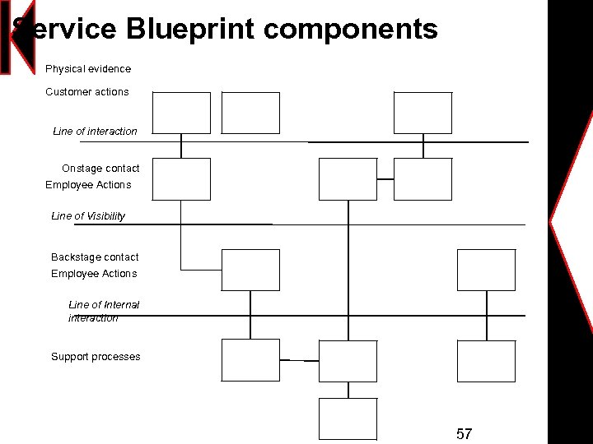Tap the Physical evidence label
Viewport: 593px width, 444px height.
pyautogui.click(x=88, y=69)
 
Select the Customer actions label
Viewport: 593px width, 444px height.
pyautogui.click(x=87, y=92)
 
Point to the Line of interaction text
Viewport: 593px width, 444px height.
pyautogui.click(x=95, y=132)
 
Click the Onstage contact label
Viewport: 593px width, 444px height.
pyautogui.click(x=100, y=169)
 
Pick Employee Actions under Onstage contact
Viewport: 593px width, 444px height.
pyautogui.click(x=88, y=185)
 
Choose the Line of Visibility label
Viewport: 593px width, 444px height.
pyautogui.click(x=88, y=216)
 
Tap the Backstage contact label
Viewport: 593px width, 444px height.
pyautogui.click(x=95, y=257)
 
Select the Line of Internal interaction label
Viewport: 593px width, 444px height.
pyautogui.click(x=104, y=312)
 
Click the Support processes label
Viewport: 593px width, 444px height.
pyautogui.click(x=96, y=357)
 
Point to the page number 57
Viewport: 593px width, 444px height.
pyautogui.click(x=464, y=433)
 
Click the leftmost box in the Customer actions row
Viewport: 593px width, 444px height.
pyautogui.click(x=181, y=113)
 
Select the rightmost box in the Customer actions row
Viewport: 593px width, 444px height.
pyautogui.click(x=423, y=113)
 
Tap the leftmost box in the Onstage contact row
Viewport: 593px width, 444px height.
pyautogui.click(x=181, y=179)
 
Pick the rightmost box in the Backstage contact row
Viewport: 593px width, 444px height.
pyautogui.click(x=486, y=271)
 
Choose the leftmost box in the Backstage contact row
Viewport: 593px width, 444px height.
pyautogui.click(x=251, y=271)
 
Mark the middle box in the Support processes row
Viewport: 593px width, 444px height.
pyautogui.click(x=348, y=361)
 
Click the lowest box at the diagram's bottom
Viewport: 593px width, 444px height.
pyautogui.click(x=348, y=419)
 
